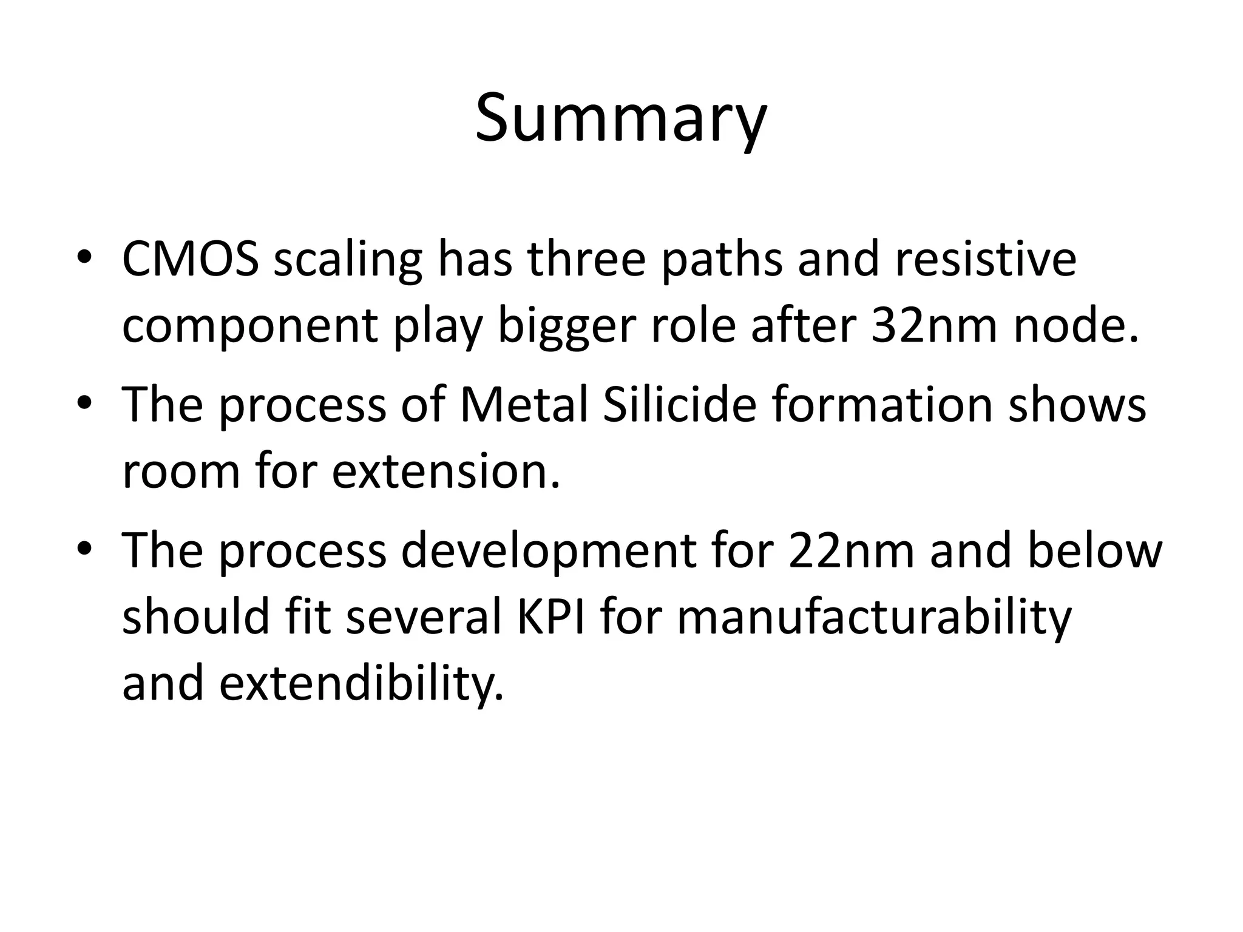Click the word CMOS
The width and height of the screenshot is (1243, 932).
coord(191,259)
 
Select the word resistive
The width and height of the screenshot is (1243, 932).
coord(986,259)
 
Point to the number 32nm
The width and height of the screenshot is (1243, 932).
coord(934,326)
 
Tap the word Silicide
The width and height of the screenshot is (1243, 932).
coord(680,405)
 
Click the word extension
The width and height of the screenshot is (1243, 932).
coord(445,471)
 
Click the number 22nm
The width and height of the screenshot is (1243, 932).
coord(852,550)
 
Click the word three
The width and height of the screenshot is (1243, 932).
coord(586,259)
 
